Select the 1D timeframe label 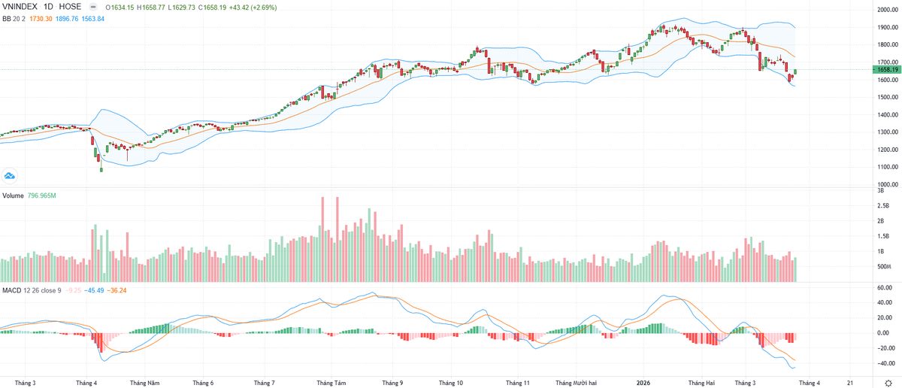52,7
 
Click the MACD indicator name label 11,289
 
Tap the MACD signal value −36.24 117,289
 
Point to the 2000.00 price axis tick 883,10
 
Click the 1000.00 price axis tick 883,184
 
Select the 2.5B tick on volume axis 883,205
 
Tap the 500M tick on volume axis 884,267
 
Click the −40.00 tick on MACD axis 883,363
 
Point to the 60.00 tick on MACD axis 883,287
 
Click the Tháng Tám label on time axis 331,382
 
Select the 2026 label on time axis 644,382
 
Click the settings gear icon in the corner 888,382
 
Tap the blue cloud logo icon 11,176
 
